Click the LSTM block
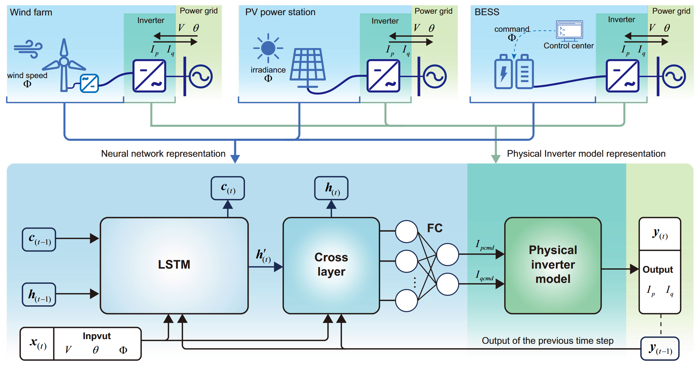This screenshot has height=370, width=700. [x=174, y=265]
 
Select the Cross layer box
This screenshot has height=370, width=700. [x=331, y=265]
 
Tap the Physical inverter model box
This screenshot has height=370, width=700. [x=553, y=265]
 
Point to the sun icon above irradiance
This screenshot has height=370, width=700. [x=268, y=48]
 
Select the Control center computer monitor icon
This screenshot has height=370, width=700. [x=569, y=30]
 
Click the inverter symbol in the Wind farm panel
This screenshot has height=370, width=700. [x=149, y=76]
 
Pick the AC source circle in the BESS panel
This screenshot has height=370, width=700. [x=674, y=77]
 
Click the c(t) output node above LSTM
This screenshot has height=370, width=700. [x=228, y=188]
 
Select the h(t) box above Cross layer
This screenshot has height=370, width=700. [x=331, y=188]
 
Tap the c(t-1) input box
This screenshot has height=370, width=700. [x=39, y=239]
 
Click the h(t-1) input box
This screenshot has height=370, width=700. [x=39, y=295]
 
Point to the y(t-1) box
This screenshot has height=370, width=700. [x=660, y=349]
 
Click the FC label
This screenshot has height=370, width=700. [x=435, y=228]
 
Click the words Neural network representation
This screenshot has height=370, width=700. [x=163, y=154]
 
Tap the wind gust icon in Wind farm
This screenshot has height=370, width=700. [x=29, y=49]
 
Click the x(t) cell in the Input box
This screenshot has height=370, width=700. [x=37, y=344]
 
